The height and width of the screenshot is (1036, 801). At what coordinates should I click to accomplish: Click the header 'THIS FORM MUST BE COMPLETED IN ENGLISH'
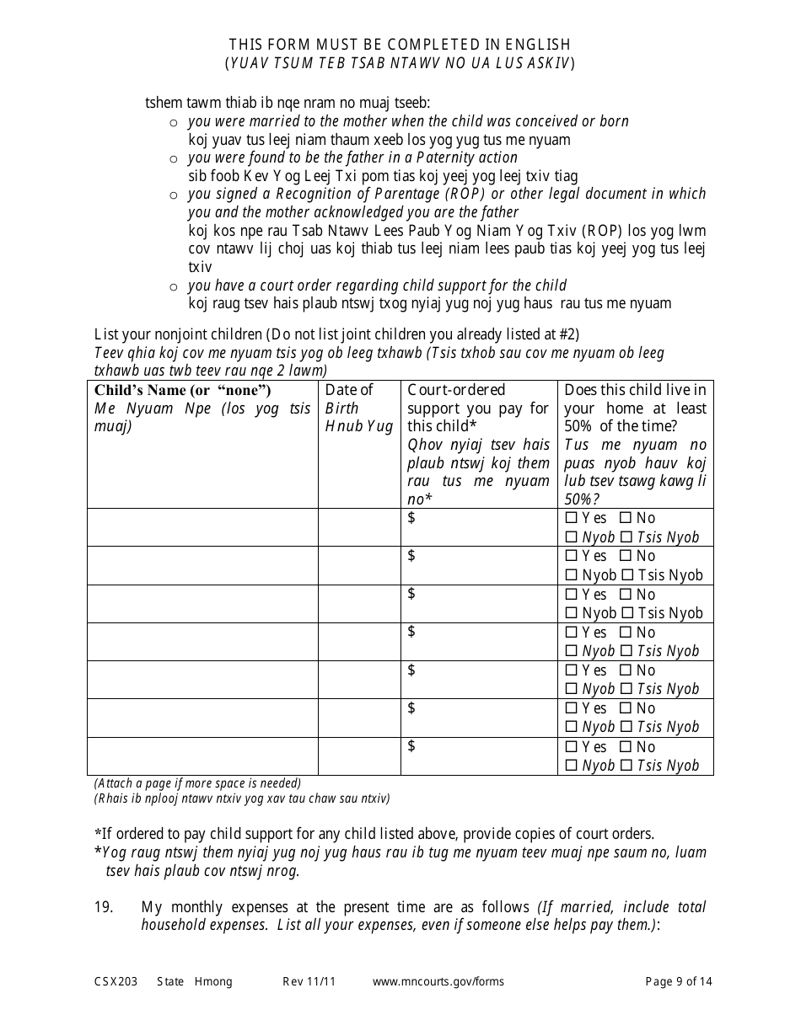coord(400,45)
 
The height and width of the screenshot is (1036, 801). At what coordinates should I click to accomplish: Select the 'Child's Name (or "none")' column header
coord(182,390)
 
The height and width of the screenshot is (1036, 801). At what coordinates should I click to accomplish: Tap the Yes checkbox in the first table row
coord(572,519)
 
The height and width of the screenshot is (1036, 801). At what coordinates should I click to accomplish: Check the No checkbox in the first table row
coord(626,519)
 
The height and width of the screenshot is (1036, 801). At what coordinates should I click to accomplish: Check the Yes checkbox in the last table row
coord(572,747)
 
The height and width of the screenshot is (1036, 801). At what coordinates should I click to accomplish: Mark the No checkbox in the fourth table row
coord(626,633)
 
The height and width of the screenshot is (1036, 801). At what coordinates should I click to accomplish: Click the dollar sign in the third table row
coord(411,594)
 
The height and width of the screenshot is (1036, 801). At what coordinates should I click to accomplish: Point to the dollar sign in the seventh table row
coord(411,746)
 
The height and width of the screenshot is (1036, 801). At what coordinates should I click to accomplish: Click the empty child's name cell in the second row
coord(202,565)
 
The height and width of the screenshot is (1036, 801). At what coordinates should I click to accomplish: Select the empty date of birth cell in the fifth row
coord(358,680)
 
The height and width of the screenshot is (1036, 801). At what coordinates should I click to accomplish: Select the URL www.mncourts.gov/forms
coord(438,981)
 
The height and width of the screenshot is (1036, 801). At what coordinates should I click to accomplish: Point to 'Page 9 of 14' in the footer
coord(679,981)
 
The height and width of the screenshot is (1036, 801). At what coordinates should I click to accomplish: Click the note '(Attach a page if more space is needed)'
coord(197,782)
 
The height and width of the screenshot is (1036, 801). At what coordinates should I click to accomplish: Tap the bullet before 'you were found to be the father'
coord(174,158)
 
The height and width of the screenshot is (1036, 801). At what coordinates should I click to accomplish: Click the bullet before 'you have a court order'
coord(174,286)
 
